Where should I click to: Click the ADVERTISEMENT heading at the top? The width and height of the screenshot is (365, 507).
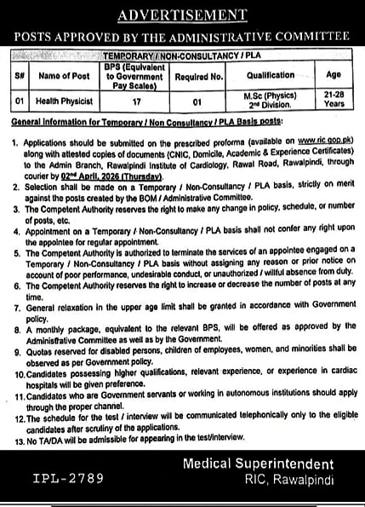coord(183,15)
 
